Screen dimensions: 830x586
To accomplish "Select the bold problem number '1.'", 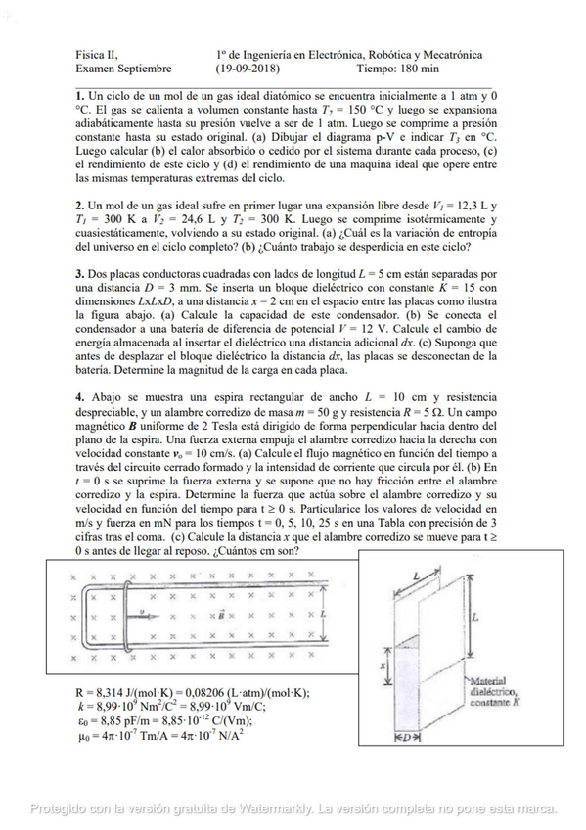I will tap(80, 97).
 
